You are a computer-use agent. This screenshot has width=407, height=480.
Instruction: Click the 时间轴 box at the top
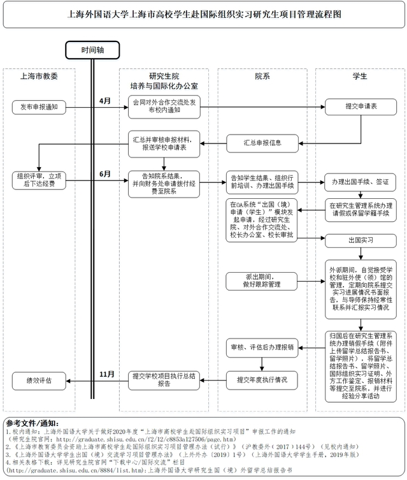[93, 50]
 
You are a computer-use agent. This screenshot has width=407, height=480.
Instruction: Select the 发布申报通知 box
[39, 106]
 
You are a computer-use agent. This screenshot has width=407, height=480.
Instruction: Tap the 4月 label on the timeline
[105, 101]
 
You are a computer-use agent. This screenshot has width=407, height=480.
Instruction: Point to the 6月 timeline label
[105, 174]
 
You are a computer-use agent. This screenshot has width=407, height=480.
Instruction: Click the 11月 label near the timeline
[107, 374]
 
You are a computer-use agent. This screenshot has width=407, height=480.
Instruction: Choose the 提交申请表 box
[361, 106]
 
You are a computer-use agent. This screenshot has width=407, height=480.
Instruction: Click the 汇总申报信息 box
[262, 142]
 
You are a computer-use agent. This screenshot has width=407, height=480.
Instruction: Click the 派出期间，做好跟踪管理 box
[262, 280]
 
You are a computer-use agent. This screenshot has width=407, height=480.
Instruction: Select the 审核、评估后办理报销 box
[262, 347]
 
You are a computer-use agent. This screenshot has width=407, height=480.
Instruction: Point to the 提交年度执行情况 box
[262, 381]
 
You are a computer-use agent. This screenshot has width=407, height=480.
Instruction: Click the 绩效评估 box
[39, 381]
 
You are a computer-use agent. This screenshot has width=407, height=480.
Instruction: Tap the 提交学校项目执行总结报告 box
[164, 381]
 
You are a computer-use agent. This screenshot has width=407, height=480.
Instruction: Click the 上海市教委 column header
[39, 76]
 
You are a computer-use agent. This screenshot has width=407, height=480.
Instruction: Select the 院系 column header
[262, 76]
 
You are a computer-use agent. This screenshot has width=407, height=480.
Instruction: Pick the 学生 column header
[360, 76]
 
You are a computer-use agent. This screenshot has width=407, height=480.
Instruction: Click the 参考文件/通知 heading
[32, 423]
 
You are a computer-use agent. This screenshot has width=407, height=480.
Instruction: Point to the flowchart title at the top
[203, 14]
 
